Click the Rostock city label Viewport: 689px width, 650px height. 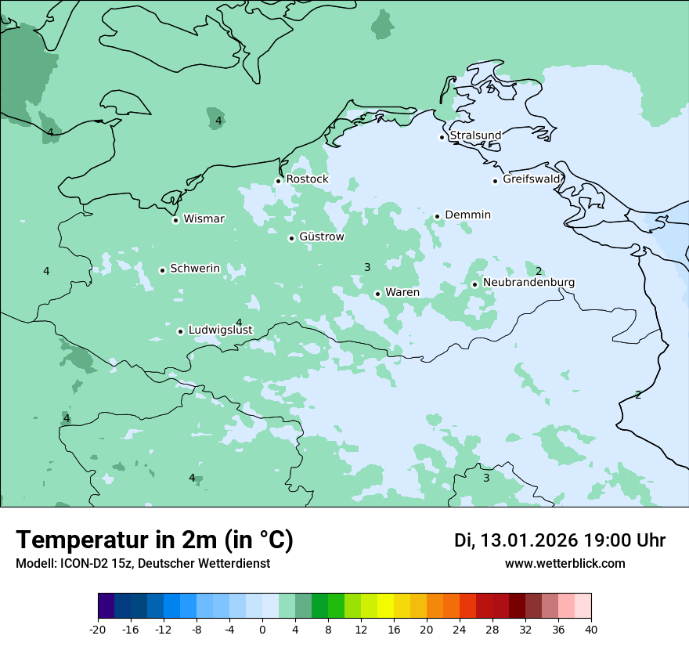[x=307, y=179]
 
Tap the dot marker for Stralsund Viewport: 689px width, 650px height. [x=442, y=137]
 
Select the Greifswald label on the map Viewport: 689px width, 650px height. [x=532, y=179]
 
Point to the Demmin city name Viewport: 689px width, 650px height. [x=467, y=215]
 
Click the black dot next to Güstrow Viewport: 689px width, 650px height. [x=291, y=238]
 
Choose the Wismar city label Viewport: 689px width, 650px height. [x=204, y=219]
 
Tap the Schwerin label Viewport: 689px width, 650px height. [x=195, y=269]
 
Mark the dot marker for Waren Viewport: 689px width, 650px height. [x=377, y=294]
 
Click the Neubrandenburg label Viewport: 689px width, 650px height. [x=528, y=283]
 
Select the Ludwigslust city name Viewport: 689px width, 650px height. [x=220, y=330]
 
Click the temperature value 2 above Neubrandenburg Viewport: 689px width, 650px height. [x=539, y=271]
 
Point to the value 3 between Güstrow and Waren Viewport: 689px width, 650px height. [x=367, y=267]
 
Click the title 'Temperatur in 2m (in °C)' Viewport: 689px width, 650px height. [x=154, y=540]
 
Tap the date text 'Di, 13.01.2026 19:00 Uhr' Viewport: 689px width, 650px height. [x=560, y=540]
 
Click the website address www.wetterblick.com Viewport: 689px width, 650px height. [x=565, y=564]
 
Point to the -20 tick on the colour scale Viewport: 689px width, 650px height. [x=98, y=630]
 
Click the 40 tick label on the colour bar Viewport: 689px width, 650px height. [x=591, y=630]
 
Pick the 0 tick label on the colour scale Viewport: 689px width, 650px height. [x=262, y=630]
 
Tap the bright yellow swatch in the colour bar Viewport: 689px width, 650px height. [x=385, y=607]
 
